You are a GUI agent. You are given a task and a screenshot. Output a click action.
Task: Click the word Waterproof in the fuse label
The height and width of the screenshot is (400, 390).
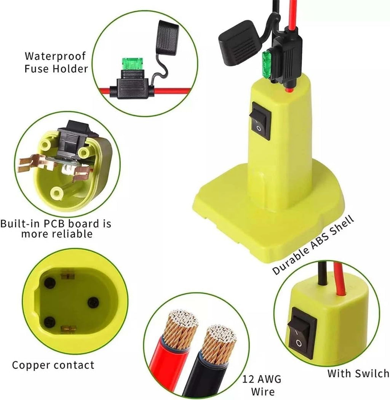(x=55, y=56)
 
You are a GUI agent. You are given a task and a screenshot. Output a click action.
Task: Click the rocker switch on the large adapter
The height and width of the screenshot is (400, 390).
(x=260, y=121)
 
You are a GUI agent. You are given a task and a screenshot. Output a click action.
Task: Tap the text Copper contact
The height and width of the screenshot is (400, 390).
(x=53, y=365)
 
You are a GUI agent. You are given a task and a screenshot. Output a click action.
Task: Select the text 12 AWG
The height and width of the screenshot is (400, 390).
(x=262, y=379)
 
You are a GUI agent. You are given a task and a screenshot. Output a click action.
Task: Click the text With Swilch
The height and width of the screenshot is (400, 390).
(x=358, y=373)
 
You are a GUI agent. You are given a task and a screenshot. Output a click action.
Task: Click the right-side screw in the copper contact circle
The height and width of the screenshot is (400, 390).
(x=93, y=303)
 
